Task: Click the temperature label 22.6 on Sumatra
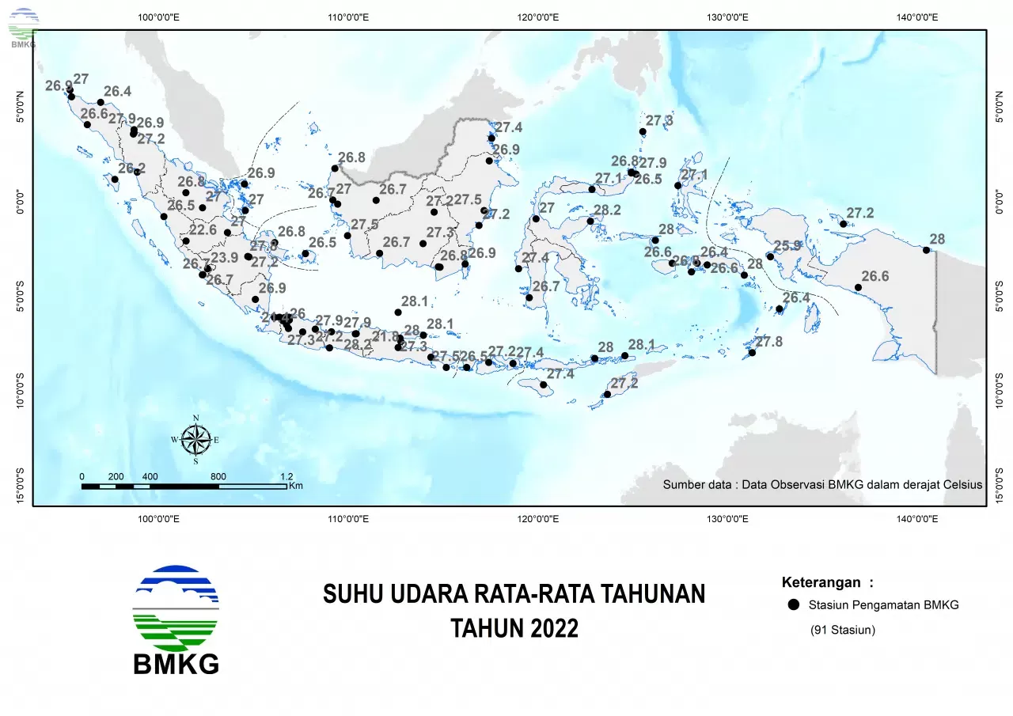click(203, 230)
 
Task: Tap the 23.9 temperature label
click(224, 257)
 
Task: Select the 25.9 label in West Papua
click(787, 246)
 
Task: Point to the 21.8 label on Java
click(385, 336)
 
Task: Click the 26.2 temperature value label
click(131, 169)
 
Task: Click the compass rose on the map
click(195, 439)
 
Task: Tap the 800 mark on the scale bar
click(218, 476)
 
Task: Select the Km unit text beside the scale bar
click(296, 486)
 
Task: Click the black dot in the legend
click(793, 605)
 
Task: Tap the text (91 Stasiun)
click(842, 631)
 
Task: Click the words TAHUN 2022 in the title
click(514, 628)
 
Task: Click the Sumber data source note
click(821, 484)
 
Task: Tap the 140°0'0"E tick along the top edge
click(916, 17)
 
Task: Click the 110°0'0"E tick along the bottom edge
click(348, 519)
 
